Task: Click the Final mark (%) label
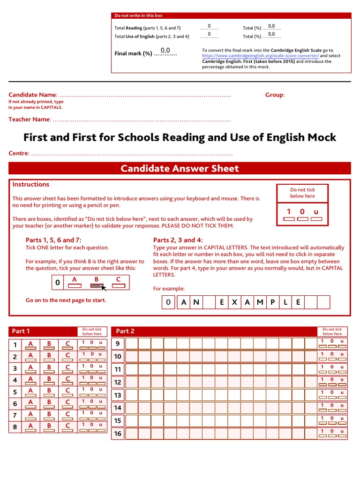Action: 134,53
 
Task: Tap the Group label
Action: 274,95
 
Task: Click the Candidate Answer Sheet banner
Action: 180,169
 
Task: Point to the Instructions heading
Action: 31,185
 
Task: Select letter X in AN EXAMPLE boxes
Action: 234,302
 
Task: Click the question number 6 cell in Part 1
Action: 15,404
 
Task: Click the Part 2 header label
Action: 125,331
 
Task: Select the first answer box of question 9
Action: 132,344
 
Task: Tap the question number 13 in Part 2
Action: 118,395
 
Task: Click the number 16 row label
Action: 118,434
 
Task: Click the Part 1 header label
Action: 21,331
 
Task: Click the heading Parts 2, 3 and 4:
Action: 178,240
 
